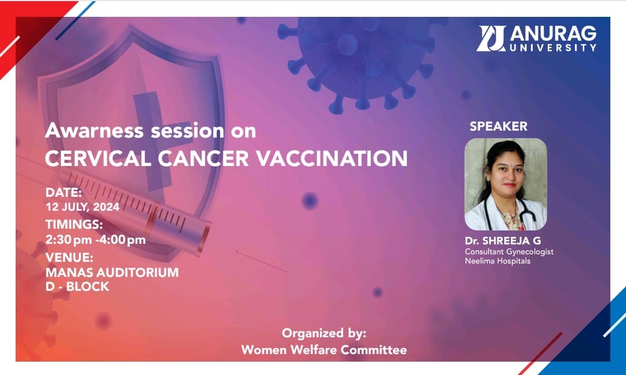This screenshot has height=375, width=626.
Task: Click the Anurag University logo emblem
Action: coord(491,38)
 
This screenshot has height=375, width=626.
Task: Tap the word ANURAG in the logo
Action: coord(553,34)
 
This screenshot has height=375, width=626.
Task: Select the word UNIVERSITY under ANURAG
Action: coord(553,48)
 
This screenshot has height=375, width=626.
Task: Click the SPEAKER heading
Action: coord(498,127)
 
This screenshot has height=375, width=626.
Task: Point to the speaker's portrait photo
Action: coord(505,184)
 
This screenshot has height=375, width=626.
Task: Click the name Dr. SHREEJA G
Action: coord(503,241)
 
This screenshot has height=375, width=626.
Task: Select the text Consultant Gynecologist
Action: coord(509,252)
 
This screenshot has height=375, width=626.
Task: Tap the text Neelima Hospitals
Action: coord(497,261)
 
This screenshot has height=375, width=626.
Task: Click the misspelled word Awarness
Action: coord(94,131)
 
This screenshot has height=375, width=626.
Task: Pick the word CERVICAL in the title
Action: coord(98,158)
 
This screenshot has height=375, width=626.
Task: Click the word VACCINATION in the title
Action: coord(332,158)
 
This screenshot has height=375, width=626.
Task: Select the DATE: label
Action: coord(64,193)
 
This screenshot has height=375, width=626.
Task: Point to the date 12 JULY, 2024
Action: coord(82,207)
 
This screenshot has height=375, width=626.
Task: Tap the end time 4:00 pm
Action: coord(121,240)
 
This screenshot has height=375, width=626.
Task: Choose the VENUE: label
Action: coord(69,257)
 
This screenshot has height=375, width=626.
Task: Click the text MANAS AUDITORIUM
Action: coord(112,273)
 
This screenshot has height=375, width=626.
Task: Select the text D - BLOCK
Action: coord(77,287)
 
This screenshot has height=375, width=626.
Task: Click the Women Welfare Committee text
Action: coord(324,350)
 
